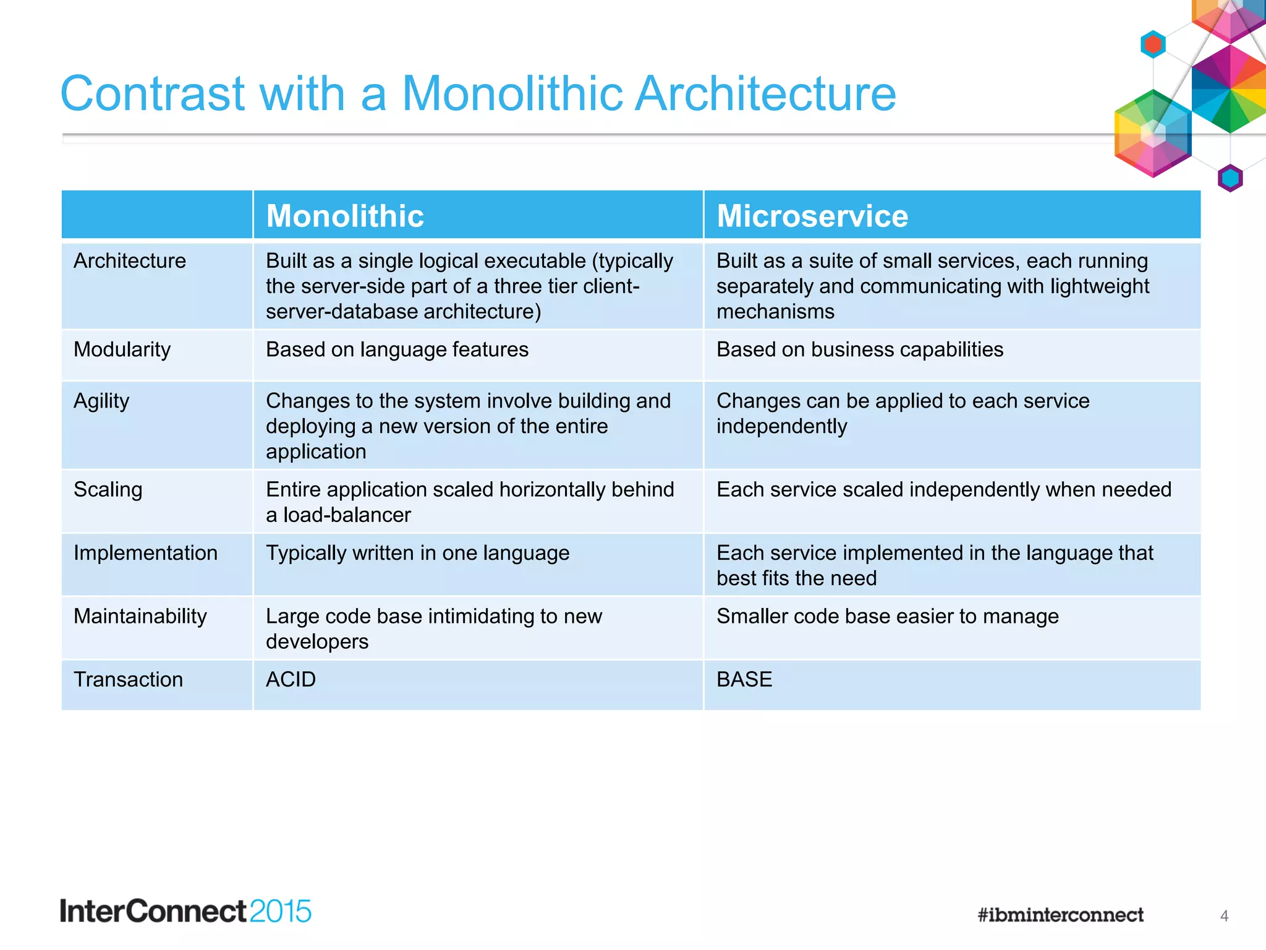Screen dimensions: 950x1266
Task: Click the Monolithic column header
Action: (345, 216)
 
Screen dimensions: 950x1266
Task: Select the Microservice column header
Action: (812, 216)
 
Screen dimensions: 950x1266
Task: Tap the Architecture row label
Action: (130, 260)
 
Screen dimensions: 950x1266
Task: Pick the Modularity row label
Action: (122, 349)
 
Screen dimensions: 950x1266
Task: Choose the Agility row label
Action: (101, 401)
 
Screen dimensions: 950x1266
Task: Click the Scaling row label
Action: (108, 489)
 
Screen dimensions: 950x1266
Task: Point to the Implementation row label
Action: (145, 553)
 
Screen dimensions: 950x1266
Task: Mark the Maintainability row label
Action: (140, 616)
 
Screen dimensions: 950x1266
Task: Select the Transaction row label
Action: (128, 679)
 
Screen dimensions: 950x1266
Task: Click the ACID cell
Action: (291, 679)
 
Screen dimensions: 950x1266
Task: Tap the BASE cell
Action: (744, 679)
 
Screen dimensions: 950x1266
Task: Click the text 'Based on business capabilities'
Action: (859, 349)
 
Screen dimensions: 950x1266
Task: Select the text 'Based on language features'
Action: (397, 349)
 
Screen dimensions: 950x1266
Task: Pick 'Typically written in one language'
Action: (417, 553)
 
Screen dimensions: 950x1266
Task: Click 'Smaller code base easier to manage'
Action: (887, 616)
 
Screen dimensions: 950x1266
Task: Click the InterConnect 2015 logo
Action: (185, 911)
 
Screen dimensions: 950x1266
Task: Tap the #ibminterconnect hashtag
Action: (1060, 915)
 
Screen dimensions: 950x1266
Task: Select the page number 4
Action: (1224, 916)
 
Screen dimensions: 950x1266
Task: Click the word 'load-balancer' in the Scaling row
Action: (347, 515)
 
